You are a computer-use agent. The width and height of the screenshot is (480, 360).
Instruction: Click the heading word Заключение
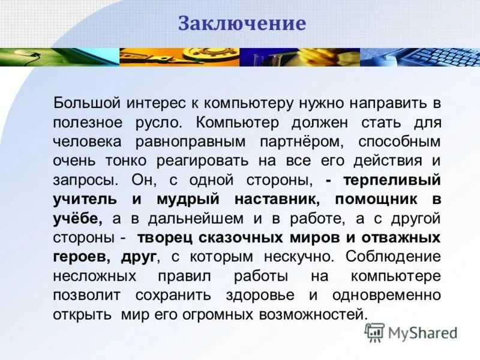(x=242, y=24)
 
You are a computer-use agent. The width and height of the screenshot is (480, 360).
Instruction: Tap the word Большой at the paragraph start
(x=85, y=103)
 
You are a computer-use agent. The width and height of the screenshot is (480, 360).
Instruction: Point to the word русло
(x=158, y=122)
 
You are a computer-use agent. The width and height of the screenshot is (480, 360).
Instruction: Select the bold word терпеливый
(x=392, y=180)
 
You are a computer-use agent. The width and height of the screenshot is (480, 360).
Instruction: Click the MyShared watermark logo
(x=412, y=332)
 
